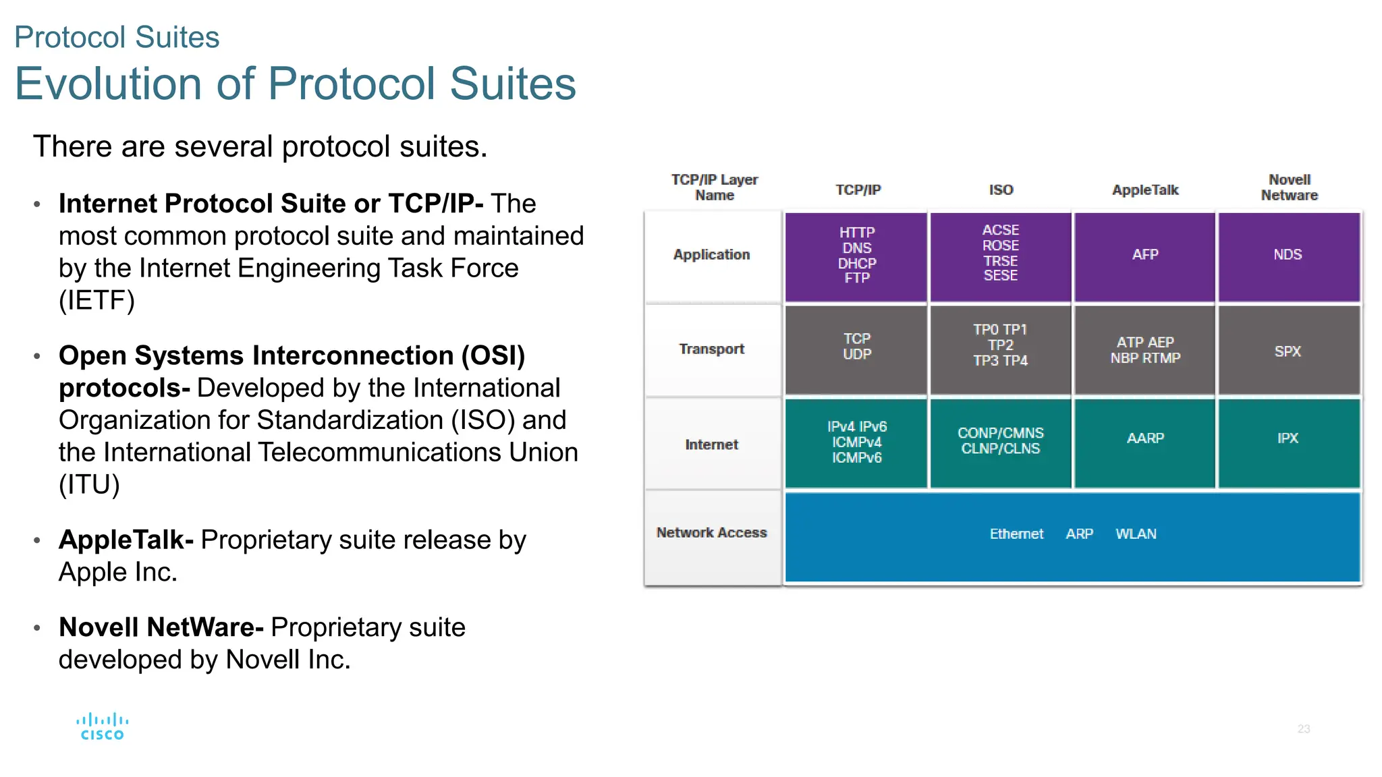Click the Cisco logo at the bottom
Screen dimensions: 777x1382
(x=103, y=727)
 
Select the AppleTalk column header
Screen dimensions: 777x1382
(x=1145, y=190)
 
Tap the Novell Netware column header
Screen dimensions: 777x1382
(x=1289, y=188)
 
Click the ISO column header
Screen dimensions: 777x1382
(x=1001, y=190)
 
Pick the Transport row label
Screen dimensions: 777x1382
(x=711, y=349)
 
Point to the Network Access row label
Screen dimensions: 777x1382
(x=711, y=533)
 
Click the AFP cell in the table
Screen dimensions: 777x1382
(x=1145, y=255)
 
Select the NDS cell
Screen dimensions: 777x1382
(x=1288, y=255)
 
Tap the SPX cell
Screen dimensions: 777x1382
(x=1288, y=351)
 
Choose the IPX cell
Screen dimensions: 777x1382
(x=1288, y=438)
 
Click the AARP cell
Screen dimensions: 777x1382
(x=1145, y=438)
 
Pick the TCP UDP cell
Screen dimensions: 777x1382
(x=857, y=346)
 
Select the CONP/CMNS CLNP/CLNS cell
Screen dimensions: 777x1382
(x=1001, y=441)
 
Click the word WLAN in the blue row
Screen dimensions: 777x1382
(x=1136, y=534)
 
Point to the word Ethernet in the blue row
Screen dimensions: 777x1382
(x=1016, y=534)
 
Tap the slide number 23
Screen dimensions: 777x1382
(x=1303, y=729)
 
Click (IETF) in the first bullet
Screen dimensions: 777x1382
(x=96, y=301)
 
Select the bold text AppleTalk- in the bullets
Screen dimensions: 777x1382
(x=126, y=540)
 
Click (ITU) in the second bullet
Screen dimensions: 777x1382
(x=89, y=485)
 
